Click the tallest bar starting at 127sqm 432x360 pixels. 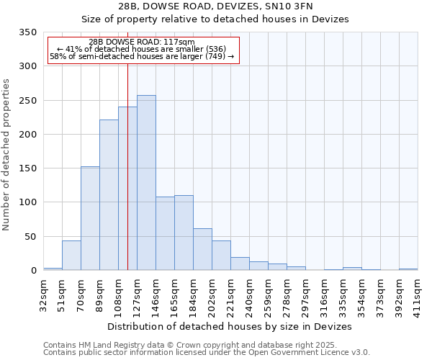tap(146, 183)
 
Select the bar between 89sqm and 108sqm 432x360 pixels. tap(109, 195)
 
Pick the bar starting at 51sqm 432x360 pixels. tap(71, 256)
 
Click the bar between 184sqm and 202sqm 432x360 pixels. tap(202, 249)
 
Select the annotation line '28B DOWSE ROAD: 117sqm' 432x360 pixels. tap(142, 42)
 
